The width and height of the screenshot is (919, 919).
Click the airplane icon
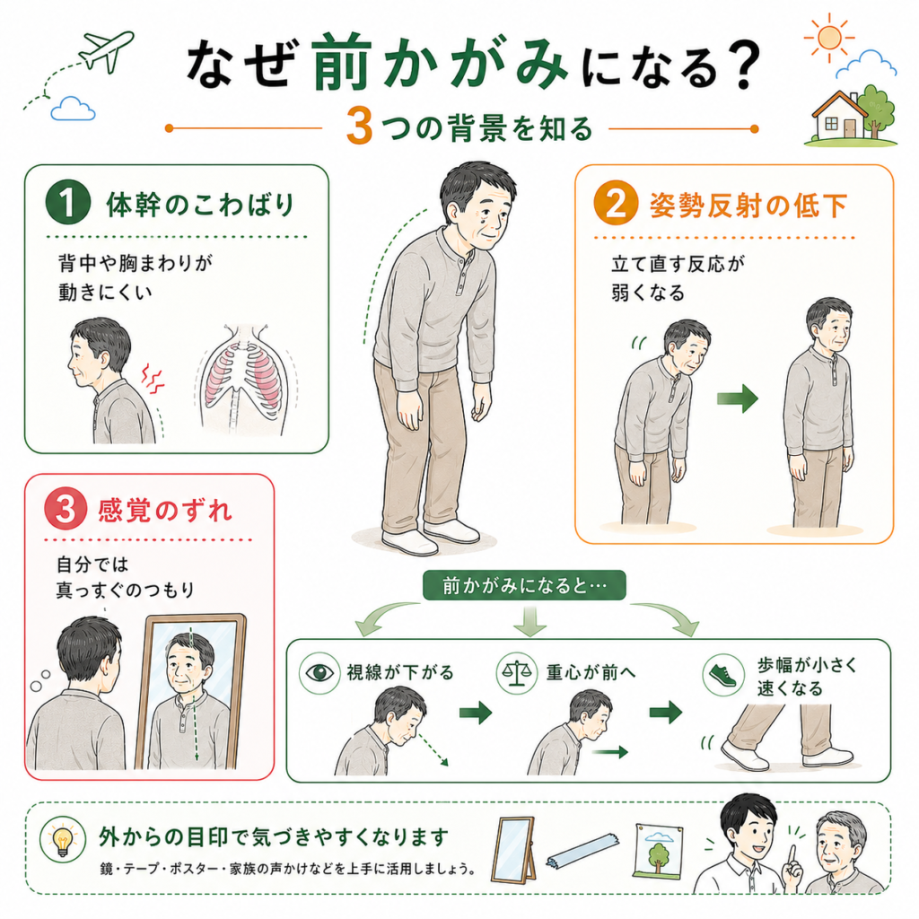point(107,50)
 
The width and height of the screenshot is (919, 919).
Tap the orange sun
point(829,38)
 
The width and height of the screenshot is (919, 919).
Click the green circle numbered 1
point(68,202)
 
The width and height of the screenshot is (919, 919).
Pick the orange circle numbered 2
point(616,203)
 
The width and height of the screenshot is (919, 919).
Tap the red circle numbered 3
point(66,508)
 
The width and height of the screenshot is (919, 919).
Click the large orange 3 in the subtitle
point(359,126)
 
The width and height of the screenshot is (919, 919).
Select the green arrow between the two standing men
point(738,398)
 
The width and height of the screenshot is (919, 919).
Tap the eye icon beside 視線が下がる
point(319,673)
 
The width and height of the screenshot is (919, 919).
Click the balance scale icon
point(516,673)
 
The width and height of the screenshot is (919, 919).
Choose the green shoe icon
point(722,675)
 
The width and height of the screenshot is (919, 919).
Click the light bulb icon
point(62,839)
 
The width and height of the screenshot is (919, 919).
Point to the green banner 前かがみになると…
point(524,585)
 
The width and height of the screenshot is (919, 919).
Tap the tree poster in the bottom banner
point(660,849)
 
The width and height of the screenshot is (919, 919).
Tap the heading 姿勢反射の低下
point(748,206)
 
